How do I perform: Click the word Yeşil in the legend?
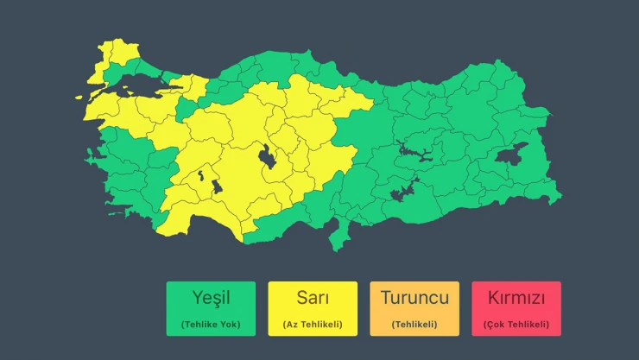click(x=211, y=299)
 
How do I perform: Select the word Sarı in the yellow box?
click(x=313, y=299)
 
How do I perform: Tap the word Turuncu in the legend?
click(x=414, y=299)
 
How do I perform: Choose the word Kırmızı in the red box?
click(x=516, y=299)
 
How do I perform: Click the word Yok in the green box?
click(x=228, y=325)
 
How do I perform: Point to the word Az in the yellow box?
click(x=292, y=325)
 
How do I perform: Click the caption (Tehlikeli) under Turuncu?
click(x=414, y=325)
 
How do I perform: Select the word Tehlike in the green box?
click(x=201, y=325)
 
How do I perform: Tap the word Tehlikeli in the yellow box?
click(x=319, y=325)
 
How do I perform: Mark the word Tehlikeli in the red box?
click(x=526, y=325)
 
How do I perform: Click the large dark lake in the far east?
click(x=511, y=155)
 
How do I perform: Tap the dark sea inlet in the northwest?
click(x=130, y=83)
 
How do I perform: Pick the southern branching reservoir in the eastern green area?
click(x=402, y=191)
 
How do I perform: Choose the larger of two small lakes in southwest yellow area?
click(x=214, y=186)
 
